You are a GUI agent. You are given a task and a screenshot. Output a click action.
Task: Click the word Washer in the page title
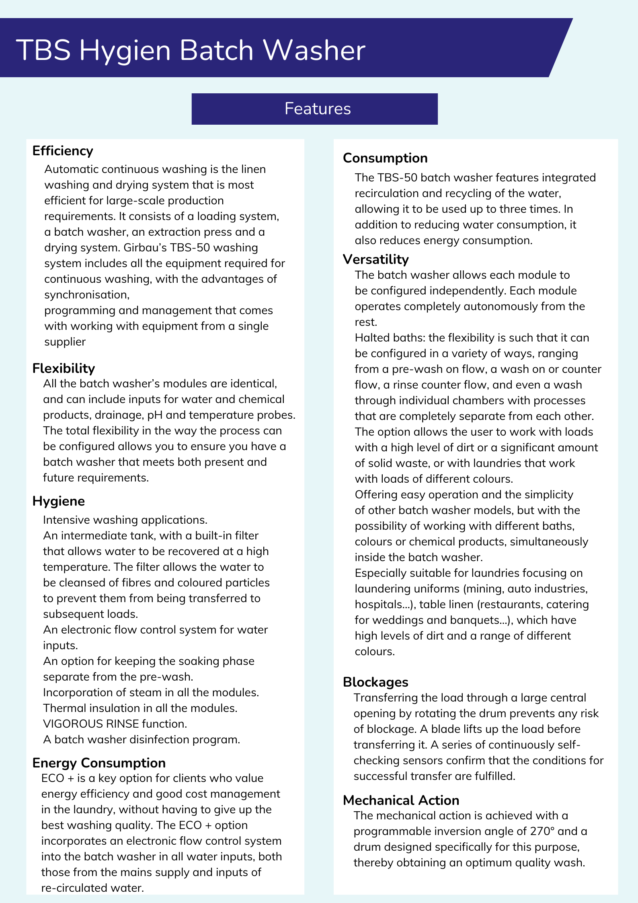[x=314, y=51]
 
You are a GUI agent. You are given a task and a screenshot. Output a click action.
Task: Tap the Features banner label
[x=318, y=109]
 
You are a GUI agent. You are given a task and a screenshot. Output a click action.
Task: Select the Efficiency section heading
[x=63, y=151]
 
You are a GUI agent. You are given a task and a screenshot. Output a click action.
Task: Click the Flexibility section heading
[x=64, y=368]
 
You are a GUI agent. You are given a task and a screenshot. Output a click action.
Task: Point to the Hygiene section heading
[x=59, y=501]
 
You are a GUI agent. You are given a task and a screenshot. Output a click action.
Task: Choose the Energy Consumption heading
[x=99, y=763]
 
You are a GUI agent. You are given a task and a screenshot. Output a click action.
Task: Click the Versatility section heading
[x=376, y=259]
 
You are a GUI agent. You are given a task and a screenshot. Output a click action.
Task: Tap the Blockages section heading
[x=375, y=682]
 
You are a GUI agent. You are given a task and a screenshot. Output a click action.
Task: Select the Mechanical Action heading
[x=401, y=800]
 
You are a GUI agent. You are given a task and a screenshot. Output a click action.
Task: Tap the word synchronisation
[x=87, y=295]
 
